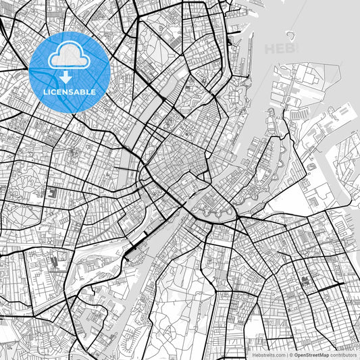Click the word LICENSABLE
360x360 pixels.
tap(70, 91)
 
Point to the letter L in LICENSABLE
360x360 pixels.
tap(45, 91)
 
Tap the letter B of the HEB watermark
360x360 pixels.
tap(289, 49)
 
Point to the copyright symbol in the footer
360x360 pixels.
tap(290, 354)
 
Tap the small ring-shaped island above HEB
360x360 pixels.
tap(290, 35)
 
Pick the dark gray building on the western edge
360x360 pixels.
tap(51, 193)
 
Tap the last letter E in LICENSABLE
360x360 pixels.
tap(93, 91)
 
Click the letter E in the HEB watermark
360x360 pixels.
tap(280, 49)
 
